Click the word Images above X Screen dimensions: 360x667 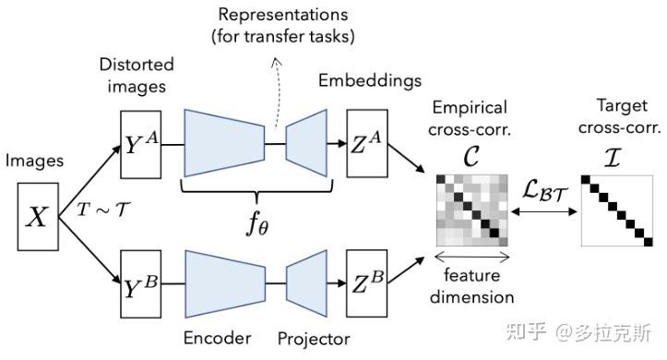[36, 162]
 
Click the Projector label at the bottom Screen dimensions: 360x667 [313, 339]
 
